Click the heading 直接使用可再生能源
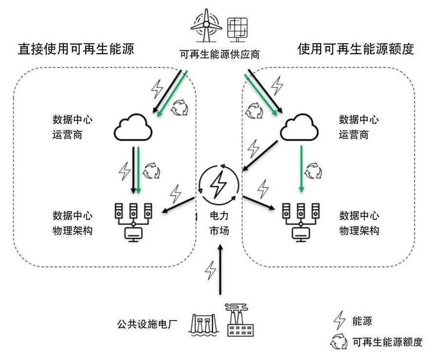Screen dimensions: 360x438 click(75, 49)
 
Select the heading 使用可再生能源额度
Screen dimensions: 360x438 click(355, 49)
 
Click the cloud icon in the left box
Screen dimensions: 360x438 click(133, 128)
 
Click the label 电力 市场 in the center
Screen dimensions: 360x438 click(219, 223)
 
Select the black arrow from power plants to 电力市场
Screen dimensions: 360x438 click(220, 270)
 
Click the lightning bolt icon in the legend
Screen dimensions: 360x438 click(339, 321)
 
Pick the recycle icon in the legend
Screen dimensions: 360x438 click(339, 342)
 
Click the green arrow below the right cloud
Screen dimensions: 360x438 click(302, 168)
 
